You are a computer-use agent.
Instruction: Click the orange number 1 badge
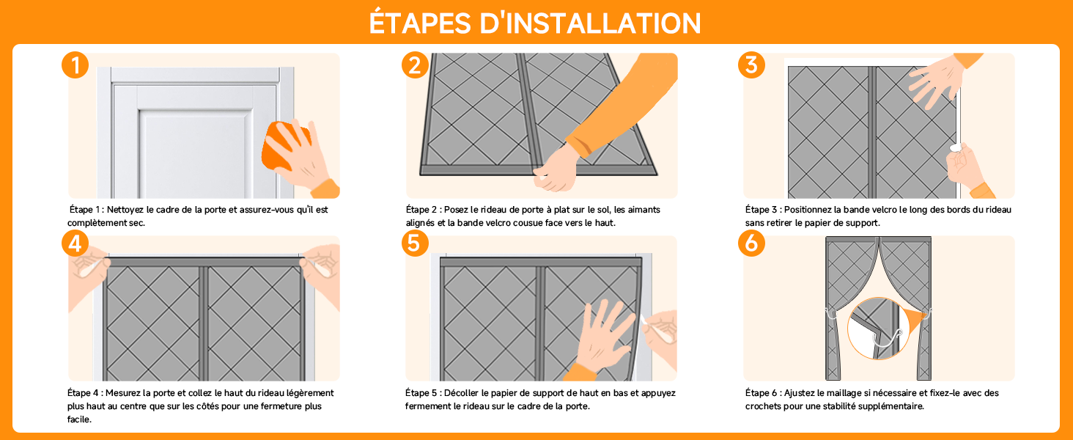point(75,65)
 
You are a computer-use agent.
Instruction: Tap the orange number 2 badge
point(415,65)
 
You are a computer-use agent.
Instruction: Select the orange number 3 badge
point(751,65)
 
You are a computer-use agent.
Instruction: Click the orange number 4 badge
point(75,243)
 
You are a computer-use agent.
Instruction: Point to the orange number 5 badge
point(415,243)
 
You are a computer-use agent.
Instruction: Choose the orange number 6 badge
point(751,243)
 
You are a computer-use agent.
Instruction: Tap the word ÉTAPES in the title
point(420,22)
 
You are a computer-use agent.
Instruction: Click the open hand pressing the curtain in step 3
point(934,81)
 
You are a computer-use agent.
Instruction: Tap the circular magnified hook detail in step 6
point(879,329)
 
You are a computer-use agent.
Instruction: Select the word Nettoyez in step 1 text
point(125,210)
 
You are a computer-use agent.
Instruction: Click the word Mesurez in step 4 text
point(122,393)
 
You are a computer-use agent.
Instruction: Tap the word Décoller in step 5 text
point(461,393)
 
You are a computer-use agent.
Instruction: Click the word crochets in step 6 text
point(762,406)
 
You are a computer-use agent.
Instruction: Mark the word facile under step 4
point(79,419)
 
